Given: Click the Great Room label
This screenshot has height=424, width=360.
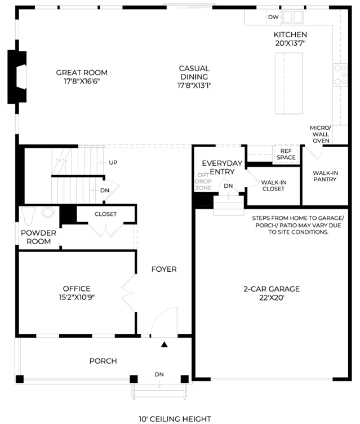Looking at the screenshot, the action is click(82, 73).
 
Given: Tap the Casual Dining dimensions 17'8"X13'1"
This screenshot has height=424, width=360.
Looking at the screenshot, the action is click(194, 86).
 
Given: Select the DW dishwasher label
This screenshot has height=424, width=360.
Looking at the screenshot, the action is click(273, 17).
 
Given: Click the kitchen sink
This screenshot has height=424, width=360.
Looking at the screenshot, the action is click(292, 17).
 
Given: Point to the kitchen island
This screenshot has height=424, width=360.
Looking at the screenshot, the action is click(288, 83).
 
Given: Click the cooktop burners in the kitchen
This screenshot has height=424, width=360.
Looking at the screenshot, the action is click(340, 75).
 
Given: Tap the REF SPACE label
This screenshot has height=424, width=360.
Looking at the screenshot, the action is click(286, 154).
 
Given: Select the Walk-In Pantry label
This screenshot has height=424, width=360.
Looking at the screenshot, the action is click(325, 176).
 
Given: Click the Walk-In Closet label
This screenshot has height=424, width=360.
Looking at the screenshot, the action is click(273, 185).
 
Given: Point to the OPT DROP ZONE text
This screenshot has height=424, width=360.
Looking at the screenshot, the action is click(203, 182).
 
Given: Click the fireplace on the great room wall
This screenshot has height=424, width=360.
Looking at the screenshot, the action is click(17, 77).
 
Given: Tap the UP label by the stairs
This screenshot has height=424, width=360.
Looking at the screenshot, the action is click(113, 162).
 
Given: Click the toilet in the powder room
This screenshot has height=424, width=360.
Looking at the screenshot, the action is click(28, 216).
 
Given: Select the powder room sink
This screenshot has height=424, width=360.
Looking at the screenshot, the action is click(48, 212).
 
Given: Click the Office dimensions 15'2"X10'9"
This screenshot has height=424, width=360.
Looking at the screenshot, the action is click(77, 298).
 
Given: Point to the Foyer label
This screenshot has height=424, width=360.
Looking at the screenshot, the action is click(164, 269).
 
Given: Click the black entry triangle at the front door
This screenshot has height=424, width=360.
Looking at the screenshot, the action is click(165, 344).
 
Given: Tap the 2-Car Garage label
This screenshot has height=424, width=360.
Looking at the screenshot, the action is click(272, 289).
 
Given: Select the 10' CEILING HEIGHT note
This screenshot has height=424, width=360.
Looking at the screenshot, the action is click(175, 419).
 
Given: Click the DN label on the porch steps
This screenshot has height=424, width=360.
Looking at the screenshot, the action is click(159, 374).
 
